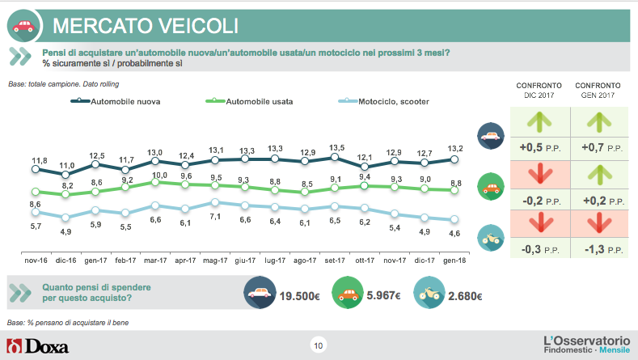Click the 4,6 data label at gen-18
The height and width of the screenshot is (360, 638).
click(x=454, y=233)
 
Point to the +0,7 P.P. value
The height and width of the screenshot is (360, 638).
click(x=597, y=150)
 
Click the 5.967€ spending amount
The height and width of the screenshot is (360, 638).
click(x=385, y=296)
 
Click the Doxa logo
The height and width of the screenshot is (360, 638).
click(x=38, y=346)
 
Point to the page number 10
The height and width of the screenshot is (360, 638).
click(x=318, y=346)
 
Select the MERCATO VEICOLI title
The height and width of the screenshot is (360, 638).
click(x=146, y=25)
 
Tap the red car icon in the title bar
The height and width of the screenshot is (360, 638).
click(x=25, y=25)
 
